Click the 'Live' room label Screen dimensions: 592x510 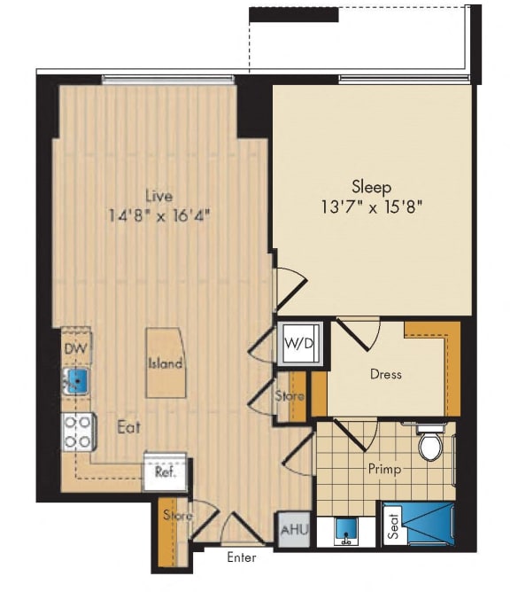click(x=160, y=196)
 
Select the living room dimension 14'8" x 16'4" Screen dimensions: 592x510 click(x=160, y=214)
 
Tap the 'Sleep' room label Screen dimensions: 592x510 click(x=372, y=186)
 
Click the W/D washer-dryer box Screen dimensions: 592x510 click(x=297, y=341)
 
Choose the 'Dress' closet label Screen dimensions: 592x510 click(x=385, y=375)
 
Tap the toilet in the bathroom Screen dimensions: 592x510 click(x=431, y=444)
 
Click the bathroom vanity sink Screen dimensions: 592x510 click(x=348, y=531)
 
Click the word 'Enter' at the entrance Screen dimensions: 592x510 click(x=242, y=558)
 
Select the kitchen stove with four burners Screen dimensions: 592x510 click(x=78, y=432)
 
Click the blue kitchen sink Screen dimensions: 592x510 click(x=77, y=382)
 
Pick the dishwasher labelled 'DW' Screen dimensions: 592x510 click(x=75, y=349)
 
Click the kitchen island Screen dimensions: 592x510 click(x=166, y=362)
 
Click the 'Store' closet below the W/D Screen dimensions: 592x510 click(x=290, y=395)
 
